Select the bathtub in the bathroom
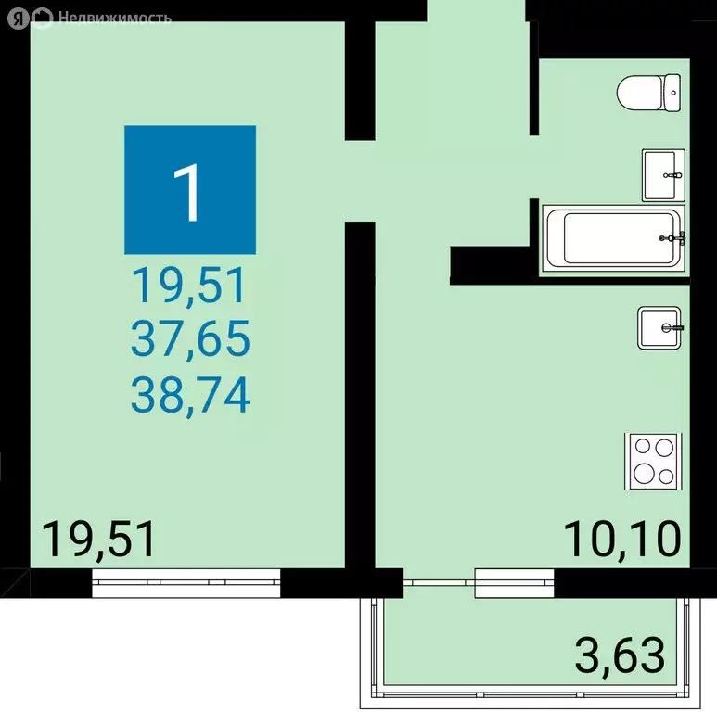coord(612,238)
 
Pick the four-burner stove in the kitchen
coord(653,461)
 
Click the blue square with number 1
coord(190,190)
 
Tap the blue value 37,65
coord(190,342)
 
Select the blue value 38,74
coord(190,397)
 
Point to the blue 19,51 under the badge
coord(190,286)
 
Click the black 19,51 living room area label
coord(100,540)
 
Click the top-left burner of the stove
coord(642,447)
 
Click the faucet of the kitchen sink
coord(673,328)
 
